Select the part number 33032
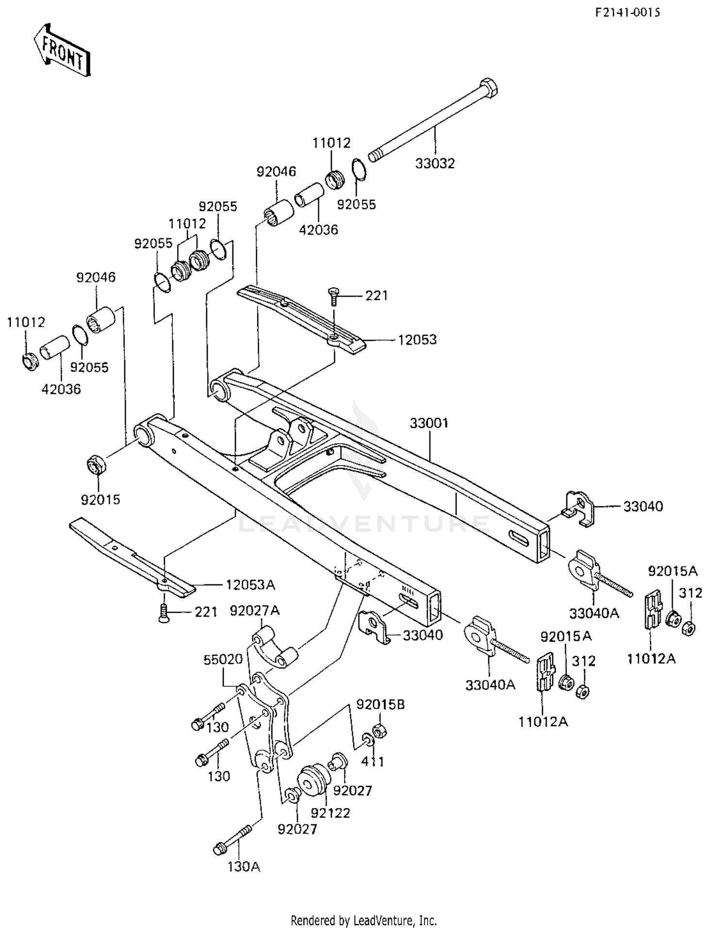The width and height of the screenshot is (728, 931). [x=435, y=164]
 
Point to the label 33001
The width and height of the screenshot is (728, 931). [x=429, y=423]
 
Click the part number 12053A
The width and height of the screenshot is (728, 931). [x=250, y=585]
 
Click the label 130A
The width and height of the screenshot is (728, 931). [x=244, y=866]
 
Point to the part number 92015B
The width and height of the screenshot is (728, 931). [x=381, y=704]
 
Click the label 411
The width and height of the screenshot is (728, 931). [x=373, y=762]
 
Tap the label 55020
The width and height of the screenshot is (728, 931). [x=223, y=659]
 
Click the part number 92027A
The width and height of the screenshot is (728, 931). [x=255, y=611]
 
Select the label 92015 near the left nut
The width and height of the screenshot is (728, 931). [x=100, y=499]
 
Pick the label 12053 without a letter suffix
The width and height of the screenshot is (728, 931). [x=417, y=340]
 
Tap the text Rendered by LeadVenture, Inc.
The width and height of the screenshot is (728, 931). [x=364, y=920]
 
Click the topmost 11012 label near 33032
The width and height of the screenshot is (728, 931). [x=331, y=143]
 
